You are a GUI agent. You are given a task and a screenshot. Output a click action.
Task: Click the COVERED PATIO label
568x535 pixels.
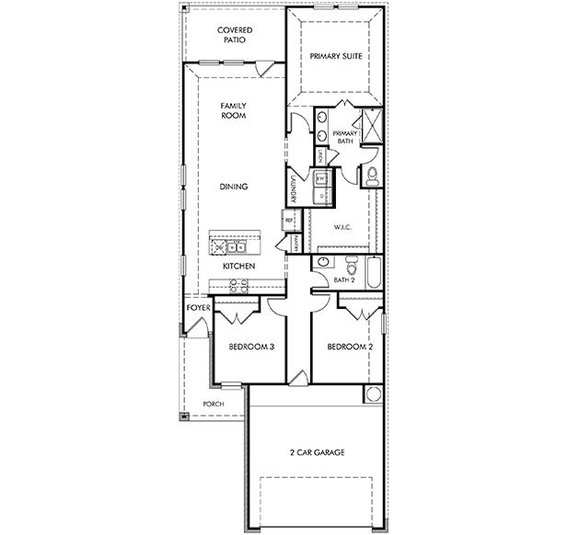pos(235,36)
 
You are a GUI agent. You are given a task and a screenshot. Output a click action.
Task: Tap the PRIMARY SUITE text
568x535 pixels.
pos(334,56)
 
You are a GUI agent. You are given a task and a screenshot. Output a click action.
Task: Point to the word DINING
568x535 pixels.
pos(233,187)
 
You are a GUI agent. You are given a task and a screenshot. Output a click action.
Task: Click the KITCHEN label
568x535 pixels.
pos(238,267)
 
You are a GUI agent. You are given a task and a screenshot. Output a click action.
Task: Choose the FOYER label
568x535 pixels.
pos(199,307)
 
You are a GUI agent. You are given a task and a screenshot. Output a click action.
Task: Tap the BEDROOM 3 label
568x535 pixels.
pos(251,347)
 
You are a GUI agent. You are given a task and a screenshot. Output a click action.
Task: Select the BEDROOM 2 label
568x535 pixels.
pos(350,347)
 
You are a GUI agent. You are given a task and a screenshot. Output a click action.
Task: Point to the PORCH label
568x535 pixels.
pos(214,404)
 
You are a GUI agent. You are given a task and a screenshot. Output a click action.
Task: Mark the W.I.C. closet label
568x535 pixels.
pos(343,227)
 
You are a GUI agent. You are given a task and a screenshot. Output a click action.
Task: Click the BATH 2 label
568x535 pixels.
pos(343,279)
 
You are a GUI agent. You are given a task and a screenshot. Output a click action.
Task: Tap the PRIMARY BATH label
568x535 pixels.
pos(344,137)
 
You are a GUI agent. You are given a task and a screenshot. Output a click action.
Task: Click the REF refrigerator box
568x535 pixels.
pos(288,221)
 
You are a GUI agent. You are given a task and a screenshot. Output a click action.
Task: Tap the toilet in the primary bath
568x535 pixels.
pos(370,176)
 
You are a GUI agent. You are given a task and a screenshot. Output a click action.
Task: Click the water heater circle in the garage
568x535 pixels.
pos(374,394)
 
